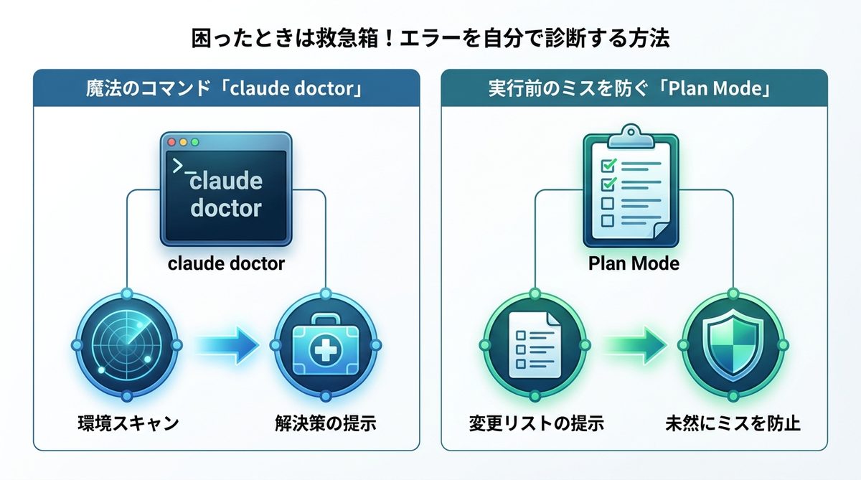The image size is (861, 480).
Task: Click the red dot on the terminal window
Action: (x=171, y=142)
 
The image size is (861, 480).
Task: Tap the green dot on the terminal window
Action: (x=195, y=142)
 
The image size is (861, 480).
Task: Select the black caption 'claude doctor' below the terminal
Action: (x=226, y=263)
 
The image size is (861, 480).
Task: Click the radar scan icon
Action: (x=127, y=344)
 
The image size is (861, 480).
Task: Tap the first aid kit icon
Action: (x=326, y=344)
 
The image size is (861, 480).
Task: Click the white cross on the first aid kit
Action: (x=326, y=349)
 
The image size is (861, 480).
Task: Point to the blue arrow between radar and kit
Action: (x=227, y=345)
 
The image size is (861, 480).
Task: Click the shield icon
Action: (x=733, y=345)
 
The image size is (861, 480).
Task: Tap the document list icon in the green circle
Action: (x=535, y=344)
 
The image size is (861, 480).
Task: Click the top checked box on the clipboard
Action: (x=608, y=165)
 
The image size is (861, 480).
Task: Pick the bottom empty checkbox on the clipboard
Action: (x=607, y=220)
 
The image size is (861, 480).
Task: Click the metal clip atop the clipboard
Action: (x=631, y=136)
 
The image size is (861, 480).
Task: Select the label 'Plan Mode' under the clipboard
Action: (x=634, y=263)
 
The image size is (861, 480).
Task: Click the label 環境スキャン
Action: (x=128, y=423)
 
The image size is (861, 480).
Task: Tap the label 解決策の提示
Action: (x=326, y=423)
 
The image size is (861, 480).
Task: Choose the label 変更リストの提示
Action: (x=536, y=423)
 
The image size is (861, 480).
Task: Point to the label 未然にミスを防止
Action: (x=733, y=423)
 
